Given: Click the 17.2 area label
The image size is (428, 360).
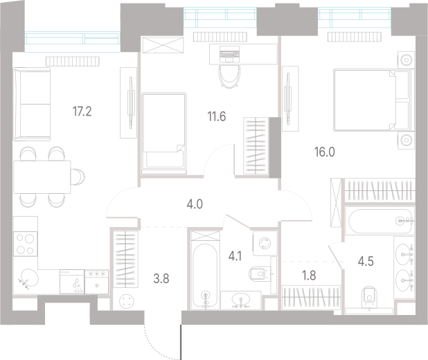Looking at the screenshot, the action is click(82, 111).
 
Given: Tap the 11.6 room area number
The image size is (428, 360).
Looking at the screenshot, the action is click(217, 116).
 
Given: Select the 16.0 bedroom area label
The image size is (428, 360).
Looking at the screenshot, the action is click(325, 152).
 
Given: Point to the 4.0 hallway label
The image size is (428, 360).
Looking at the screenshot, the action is click(195, 204).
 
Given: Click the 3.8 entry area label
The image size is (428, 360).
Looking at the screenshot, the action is click(161, 279).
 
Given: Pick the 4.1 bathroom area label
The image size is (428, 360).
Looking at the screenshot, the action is click(235, 257).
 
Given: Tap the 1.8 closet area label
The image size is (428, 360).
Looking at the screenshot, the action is click(309, 276).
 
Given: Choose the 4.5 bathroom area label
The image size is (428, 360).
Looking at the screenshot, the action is click(366, 262).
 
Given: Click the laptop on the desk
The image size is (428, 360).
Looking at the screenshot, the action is click(229, 53).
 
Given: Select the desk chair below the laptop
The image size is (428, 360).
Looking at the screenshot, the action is click(229, 77).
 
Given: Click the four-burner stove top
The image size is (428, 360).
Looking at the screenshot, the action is click(25, 244).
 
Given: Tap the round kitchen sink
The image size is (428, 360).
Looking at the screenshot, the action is click(30, 278).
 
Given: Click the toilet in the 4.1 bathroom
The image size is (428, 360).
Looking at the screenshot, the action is click(258, 273).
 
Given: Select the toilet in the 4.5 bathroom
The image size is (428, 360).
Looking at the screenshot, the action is click(369, 297).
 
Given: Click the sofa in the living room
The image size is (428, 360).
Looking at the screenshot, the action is click(32, 104).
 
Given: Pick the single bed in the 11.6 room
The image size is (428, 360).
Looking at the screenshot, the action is click(163, 133).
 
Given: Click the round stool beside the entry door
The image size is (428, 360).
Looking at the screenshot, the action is click(127, 301).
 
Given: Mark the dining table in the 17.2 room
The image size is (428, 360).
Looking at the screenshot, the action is click(42, 177).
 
